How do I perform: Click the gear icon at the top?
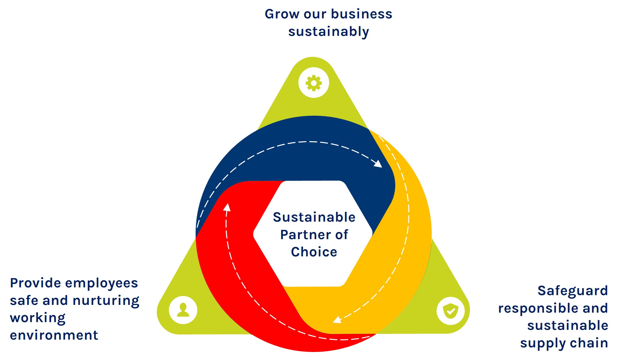[x=314, y=83]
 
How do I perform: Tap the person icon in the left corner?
[x=183, y=310]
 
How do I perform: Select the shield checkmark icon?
[x=450, y=311]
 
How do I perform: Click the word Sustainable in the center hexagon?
[x=314, y=217]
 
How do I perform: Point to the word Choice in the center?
[x=314, y=252]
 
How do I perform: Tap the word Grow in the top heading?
[x=282, y=14]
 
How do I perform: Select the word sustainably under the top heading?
[x=329, y=32]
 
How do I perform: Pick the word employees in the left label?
[x=102, y=283]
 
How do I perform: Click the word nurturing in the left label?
[x=106, y=301]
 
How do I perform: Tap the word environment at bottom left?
[x=54, y=335]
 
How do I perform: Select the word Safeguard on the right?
[x=573, y=291]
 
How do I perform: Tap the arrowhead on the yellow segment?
[x=337, y=320]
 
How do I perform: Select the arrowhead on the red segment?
[x=227, y=207]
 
